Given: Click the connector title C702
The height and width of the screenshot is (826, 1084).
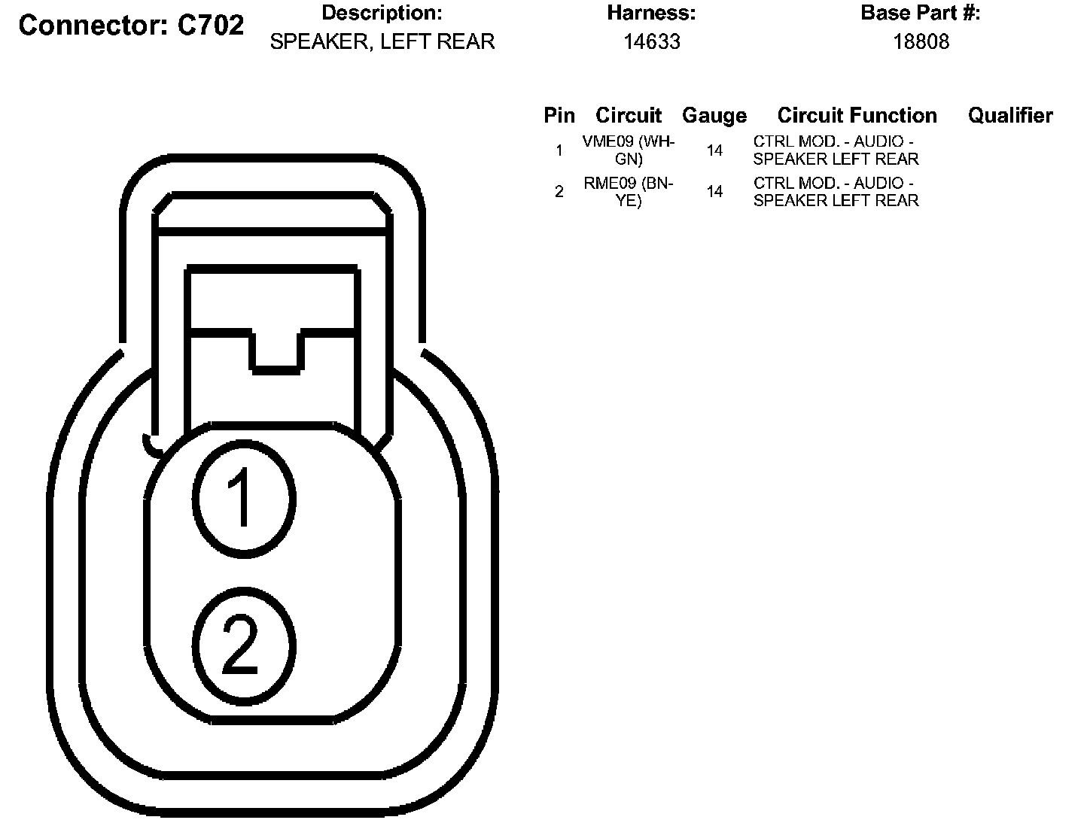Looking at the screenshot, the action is pyautogui.click(x=131, y=26).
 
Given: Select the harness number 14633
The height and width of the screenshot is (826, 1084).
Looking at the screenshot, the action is pyautogui.click(x=651, y=42).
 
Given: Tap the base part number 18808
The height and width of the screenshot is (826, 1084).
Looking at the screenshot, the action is pyautogui.click(x=921, y=42).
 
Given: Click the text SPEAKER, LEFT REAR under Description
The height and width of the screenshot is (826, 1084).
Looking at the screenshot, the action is pyautogui.click(x=382, y=42).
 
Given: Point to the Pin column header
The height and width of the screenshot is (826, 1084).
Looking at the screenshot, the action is pyautogui.click(x=559, y=115).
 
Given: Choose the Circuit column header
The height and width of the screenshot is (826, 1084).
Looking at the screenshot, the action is pyautogui.click(x=628, y=115).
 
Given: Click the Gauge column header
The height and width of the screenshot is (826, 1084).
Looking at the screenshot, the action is pyautogui.click(x=714, y=115).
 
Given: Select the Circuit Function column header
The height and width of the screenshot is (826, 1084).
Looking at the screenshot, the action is pyautogui.click(x=857, y=115).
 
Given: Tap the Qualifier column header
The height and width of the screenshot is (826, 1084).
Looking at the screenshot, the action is pyautogui.click(x=1009, y=115).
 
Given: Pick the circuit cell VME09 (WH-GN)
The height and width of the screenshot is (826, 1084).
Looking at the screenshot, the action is pyautogui.click(x=629, y=150).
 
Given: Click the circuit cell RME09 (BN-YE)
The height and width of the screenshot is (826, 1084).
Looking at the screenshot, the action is pyautogui.click(x=629, y=192).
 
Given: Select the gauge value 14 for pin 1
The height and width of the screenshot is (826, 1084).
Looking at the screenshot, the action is pyautogui.click(x=714, y=150).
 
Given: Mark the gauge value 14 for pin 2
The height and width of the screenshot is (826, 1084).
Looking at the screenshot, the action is pyautogui.click(x=714, y=192).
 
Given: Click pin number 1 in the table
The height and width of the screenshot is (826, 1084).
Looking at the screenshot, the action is pyautogui.click(x=559, y=150).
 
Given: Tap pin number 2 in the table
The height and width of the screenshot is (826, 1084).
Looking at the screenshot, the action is pyautogui.click(x=559, y=192).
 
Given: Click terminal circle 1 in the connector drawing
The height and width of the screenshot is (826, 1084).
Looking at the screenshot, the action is pyautogui.click(x=242, y=499).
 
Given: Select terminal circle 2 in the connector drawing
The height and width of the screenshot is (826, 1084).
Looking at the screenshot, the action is pyautogui.click(x=242, y=646).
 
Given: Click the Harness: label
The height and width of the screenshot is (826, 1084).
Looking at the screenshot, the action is pyautogui.click(x=651, y=13).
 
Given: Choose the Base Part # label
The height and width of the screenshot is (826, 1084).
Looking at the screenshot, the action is pyautogui.click(x=920, y=13).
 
